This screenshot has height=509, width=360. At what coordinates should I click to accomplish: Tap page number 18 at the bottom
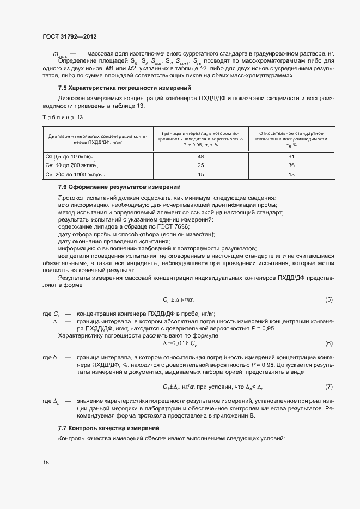[46, 462]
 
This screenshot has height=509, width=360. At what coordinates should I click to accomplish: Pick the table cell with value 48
[200, 156]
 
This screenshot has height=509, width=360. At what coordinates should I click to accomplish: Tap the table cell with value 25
[200, 165]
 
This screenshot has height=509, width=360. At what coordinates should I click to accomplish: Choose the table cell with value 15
[200, 174]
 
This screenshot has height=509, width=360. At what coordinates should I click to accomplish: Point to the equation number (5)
[328, 300]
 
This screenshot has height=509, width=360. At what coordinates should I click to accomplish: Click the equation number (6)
[328, 343]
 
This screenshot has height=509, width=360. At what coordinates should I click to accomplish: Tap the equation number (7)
[328, 387]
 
